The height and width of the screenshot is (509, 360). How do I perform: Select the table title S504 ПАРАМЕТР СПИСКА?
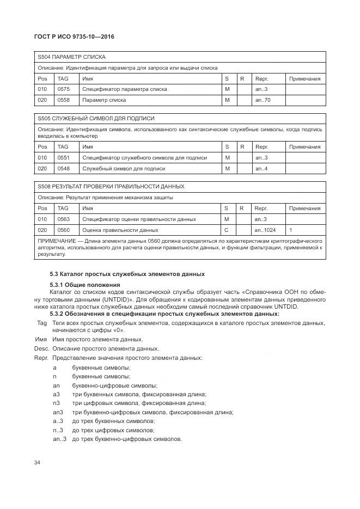71,57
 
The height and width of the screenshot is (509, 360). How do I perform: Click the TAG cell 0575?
64,89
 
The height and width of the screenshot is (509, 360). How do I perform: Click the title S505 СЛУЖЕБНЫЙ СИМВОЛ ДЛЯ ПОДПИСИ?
96,119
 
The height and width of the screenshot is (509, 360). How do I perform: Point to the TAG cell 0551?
64,158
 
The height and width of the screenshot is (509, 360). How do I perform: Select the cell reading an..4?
261,169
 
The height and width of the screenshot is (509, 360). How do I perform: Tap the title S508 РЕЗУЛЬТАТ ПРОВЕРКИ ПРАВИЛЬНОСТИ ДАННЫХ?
111,187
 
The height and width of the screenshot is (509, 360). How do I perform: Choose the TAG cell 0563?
64,219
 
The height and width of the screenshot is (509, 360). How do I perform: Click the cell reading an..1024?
265,230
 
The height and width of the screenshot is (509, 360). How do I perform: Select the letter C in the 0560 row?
227,230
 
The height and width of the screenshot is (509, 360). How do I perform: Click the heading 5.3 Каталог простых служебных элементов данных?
127,273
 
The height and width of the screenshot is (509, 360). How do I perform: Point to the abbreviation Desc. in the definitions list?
42,348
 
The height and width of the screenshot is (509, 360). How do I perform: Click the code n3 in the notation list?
56,403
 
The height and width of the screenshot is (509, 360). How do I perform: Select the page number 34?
38,463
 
